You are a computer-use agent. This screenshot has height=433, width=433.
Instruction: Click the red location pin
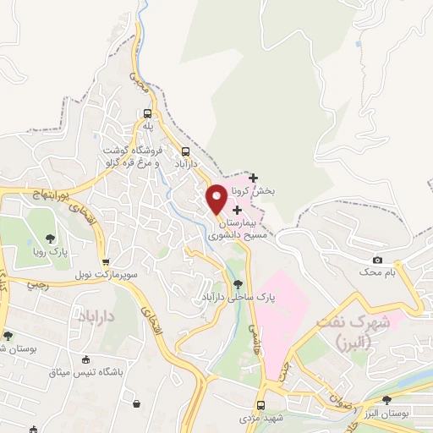pyautogui.click(x=216, y=197)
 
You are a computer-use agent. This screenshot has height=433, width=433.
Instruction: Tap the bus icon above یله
pyautogui.click(x=148, y=113)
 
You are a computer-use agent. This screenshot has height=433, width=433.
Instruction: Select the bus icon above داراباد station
pyautogui.click(x=185, y=151)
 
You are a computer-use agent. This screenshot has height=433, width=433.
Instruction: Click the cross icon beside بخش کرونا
pyautogui.click(x=253, y=178)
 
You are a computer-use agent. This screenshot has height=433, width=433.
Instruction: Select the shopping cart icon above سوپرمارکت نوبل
pyautogui.click(x=105, y=262)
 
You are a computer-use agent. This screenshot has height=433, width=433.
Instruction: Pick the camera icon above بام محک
pyautogui.click(x=377, y=260)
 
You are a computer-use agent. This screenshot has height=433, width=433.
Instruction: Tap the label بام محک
pyautogui.click(x=377, y=272)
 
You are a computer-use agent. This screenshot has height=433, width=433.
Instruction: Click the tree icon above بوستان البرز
pyautogui.click(x=386, y=399)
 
